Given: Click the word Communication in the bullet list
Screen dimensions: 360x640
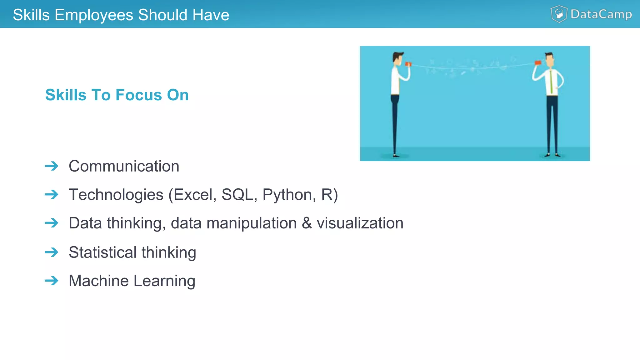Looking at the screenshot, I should click(x=124, y=166).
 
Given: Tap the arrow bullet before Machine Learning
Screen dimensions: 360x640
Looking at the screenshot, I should click(x=52, y=281).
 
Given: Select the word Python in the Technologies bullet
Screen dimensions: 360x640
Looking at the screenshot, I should click(x=287, y=195).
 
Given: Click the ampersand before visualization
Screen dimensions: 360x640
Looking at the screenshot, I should click(x=307, y=223).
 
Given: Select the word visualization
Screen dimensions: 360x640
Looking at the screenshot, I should click(x=360, y=223).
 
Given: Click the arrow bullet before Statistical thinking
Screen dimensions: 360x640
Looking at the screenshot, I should click(x=52, y=252).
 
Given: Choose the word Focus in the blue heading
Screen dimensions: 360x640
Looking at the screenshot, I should click(x=139, y=95).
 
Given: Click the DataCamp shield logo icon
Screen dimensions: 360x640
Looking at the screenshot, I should click(x=559, y=14).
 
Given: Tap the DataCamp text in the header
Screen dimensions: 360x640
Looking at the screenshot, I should click(x=601, y=14).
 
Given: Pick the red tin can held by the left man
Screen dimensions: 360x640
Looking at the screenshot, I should click(x=408, y=64).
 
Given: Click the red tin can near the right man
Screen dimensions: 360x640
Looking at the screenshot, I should click(x=538, y=63).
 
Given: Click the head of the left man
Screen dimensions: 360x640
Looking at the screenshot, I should click(x=397, y=58).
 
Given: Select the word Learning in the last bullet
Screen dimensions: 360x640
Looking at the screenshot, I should click(x=164, y=281).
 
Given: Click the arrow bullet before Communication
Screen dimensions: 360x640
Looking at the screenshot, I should click(x=52, y=166).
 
